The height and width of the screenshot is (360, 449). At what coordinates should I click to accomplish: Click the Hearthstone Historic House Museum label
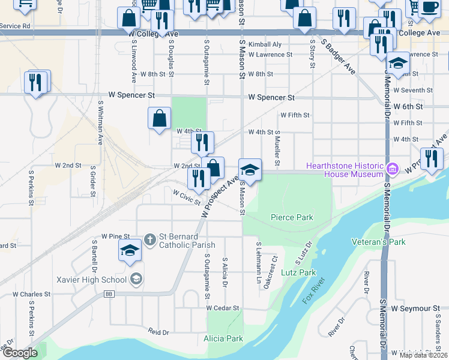[x=344, y=170]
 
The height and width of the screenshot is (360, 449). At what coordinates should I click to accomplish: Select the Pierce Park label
[x=292, y=217]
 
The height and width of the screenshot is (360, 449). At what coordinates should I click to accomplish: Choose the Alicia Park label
[x=223, y=338]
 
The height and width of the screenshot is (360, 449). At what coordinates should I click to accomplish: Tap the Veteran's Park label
[x=378, y=242]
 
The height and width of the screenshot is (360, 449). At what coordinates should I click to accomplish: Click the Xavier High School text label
[x=90, y=279]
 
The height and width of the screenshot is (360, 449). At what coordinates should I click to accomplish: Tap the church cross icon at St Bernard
[x=150, y=240]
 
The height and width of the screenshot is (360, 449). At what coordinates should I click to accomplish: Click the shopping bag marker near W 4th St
[x=159, y=118]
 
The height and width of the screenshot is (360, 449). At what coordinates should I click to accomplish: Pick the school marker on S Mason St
[x=250, y=170]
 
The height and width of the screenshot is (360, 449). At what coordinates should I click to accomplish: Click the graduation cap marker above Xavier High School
[x=129, y=251]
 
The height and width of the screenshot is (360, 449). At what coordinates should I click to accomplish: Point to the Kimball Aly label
[x=265, y=44]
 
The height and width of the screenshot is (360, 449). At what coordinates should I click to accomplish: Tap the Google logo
[x=20, y=353]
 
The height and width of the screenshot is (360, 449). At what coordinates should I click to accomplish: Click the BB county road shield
[x=109, y=294]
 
